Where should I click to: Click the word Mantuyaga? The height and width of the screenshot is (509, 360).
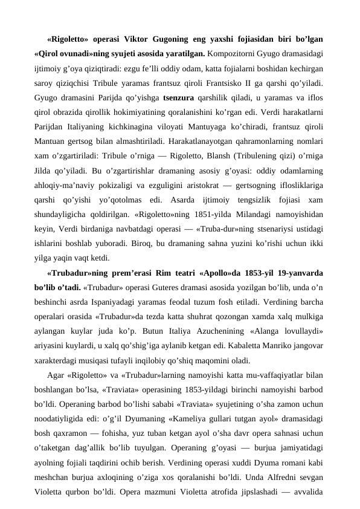[x=214, y=131]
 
